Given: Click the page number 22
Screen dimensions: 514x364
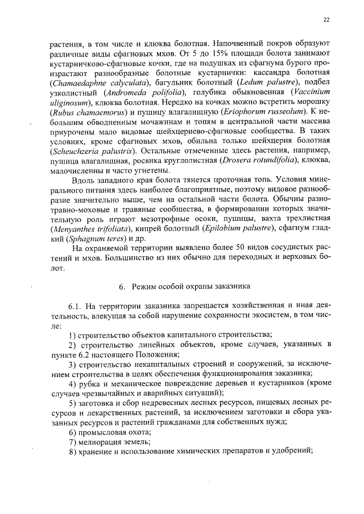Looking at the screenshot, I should pyautogui.click(x=326, y=20).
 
